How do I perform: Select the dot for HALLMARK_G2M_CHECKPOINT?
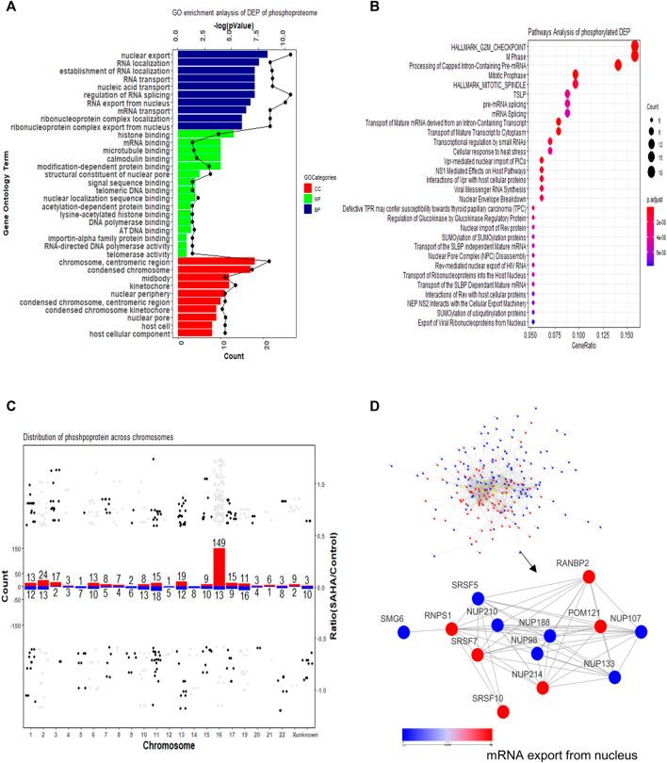(636, 46)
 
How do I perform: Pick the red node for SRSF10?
(503, 737)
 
